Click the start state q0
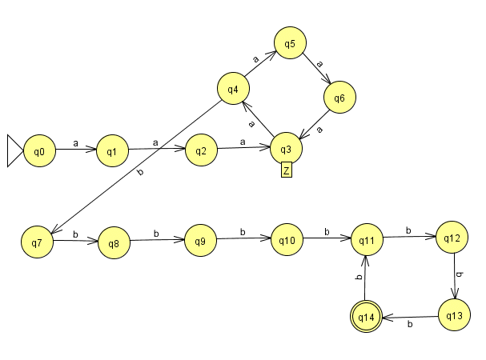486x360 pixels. pos(39,150)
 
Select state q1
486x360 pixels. pos(112,150)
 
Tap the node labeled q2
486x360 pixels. pos(202,150)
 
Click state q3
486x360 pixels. pos(287,149)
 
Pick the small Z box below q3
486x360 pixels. pos(286,170)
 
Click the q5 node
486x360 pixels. pos(290,43)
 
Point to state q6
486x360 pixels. pos(339,98)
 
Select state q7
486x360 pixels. pos(37,240)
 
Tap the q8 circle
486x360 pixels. pos(114,242)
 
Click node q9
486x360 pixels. pos(200,240)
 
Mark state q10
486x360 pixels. pos(287,239)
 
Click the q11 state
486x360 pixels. pos(368,238)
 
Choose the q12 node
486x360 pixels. pos(452,238)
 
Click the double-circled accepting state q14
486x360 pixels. pos(367,318)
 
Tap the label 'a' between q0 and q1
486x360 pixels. pos(75,144)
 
